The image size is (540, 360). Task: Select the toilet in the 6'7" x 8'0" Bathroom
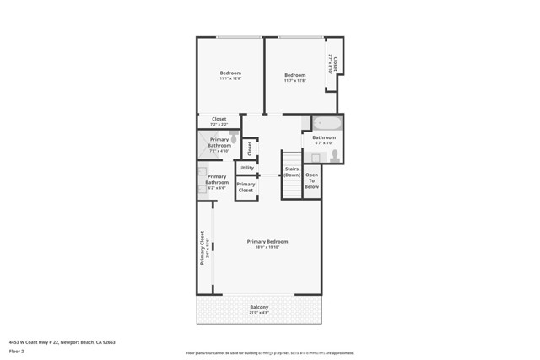tap(334, 154)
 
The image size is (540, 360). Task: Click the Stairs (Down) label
tap(291, 172)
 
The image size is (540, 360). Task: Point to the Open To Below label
tap(311, 181)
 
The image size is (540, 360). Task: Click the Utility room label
tap(246, 168)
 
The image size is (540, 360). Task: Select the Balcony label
tap(259, 307)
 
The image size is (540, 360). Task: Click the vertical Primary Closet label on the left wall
tap(202, 248)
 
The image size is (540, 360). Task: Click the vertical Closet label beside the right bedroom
tap(335, 63)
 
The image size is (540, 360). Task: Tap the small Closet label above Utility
tap(249, 148)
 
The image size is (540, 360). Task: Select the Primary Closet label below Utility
tap(246, 187)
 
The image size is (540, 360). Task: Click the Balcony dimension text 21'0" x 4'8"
tap(259, 313)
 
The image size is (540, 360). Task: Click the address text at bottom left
tap(62, 342)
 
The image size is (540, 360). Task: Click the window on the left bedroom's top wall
tap(238, 37)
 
